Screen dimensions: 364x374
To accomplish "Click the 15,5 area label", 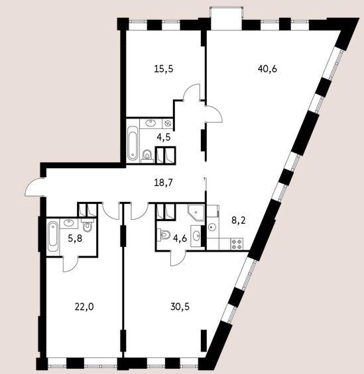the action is click(164, 69).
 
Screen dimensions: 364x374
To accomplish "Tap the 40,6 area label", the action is click(267, 69).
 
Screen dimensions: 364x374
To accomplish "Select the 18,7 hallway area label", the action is click(163, 183).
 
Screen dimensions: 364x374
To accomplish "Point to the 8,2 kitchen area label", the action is click(239, 220).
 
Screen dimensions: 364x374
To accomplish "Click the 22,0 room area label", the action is click(84, 306).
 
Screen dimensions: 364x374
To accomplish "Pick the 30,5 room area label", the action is click(180, 306).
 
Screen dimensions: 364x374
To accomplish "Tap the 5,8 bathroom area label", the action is click(75, 238).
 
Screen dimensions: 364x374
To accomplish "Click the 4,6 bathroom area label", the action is click(180, 238).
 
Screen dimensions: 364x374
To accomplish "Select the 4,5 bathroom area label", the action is click(164, 138).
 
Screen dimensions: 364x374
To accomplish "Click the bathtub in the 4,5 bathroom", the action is click(133, 144).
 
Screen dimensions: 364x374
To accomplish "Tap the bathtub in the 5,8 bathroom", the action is click(53, 236).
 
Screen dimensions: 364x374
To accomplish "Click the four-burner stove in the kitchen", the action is click(237, 244).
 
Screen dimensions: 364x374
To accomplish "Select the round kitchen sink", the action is click(212, 226).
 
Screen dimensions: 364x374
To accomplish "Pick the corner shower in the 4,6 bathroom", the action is click(196, 212).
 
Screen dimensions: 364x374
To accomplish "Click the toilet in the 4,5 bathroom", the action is click(147, 156).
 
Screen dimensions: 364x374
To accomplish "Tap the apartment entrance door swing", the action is click(34, 187).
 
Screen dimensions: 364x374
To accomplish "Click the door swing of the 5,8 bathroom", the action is click(71, 264).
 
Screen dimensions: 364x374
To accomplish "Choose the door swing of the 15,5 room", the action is click(192, 93).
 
